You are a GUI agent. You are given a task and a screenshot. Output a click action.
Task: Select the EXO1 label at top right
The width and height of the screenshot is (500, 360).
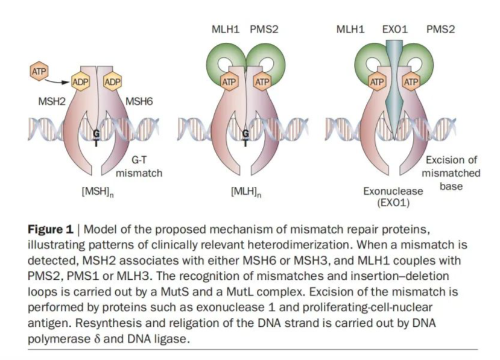pos(396,29)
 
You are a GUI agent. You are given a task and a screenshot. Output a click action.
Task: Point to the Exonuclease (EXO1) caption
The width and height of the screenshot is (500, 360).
pos(393,197)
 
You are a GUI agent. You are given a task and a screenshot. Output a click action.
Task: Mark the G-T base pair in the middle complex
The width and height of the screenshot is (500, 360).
pos(245,137)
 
